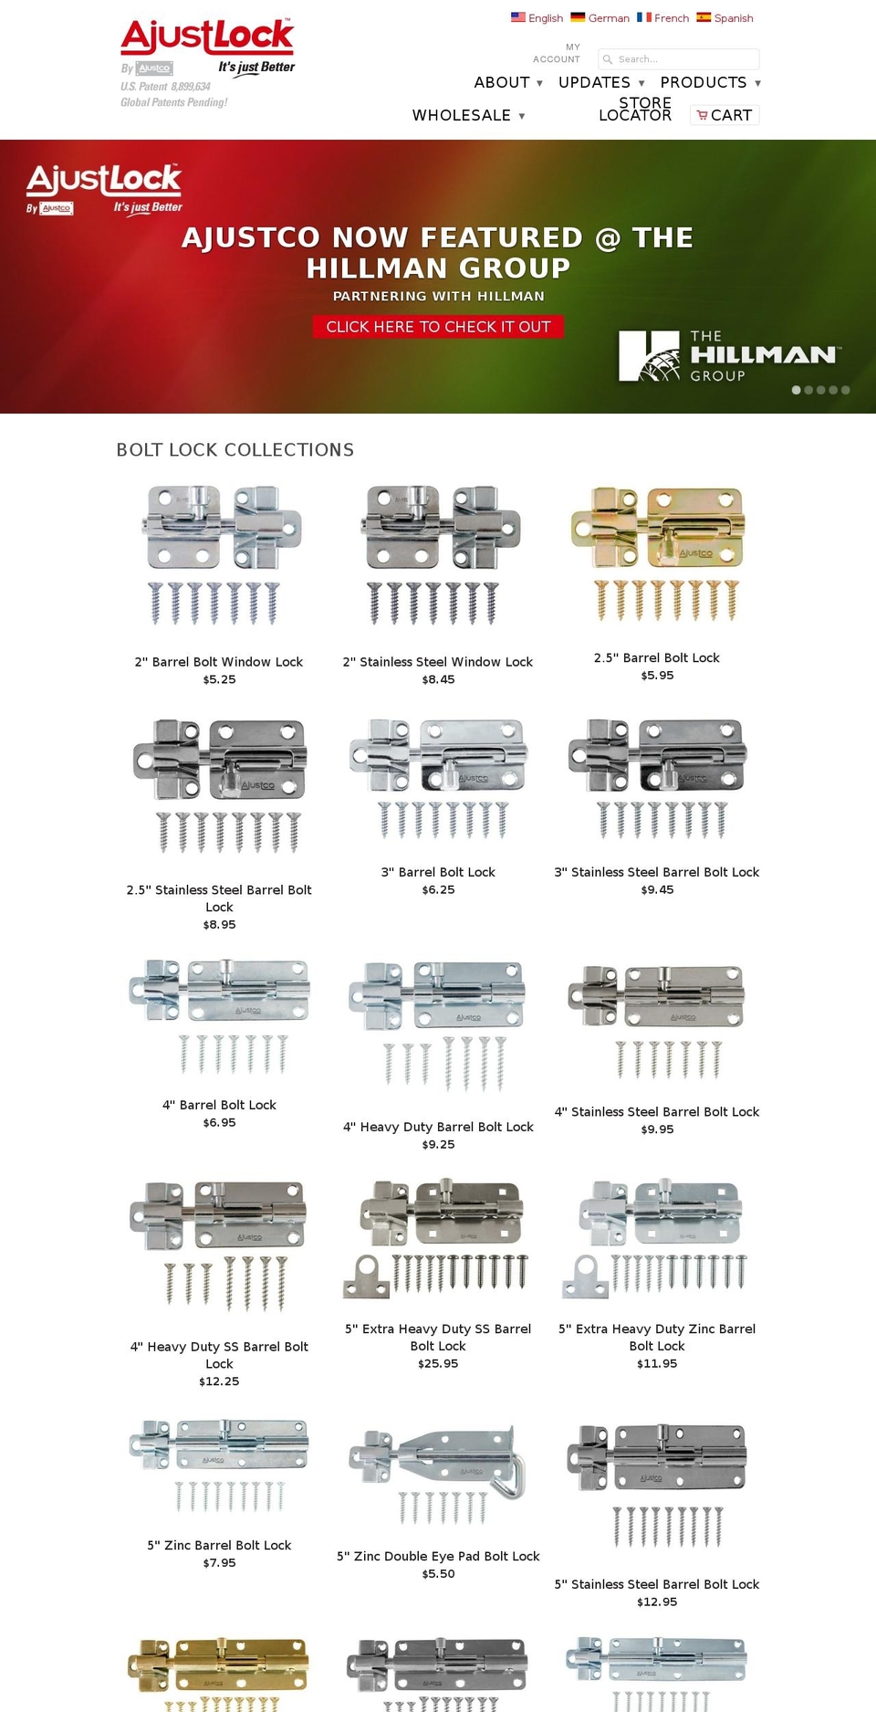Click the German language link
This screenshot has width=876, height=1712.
608,18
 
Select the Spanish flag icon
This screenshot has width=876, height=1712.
704,17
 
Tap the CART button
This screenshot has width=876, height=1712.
725,115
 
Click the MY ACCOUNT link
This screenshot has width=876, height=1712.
557,53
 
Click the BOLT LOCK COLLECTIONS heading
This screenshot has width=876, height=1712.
235,450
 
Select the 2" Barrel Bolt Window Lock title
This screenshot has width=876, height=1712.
219,662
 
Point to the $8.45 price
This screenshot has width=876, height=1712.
438,679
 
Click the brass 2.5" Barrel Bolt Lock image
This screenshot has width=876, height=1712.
657,552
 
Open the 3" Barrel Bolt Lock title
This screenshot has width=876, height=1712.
438,872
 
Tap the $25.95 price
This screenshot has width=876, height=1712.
438,1363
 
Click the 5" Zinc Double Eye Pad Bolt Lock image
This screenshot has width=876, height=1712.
438,1475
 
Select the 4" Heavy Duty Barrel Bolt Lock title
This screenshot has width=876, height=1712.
438,1127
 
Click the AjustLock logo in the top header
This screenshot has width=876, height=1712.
207,37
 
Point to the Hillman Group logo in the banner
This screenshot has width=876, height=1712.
728,356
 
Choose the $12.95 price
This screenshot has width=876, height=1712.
657,1602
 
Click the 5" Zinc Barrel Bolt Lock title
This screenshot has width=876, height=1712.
219,1545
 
